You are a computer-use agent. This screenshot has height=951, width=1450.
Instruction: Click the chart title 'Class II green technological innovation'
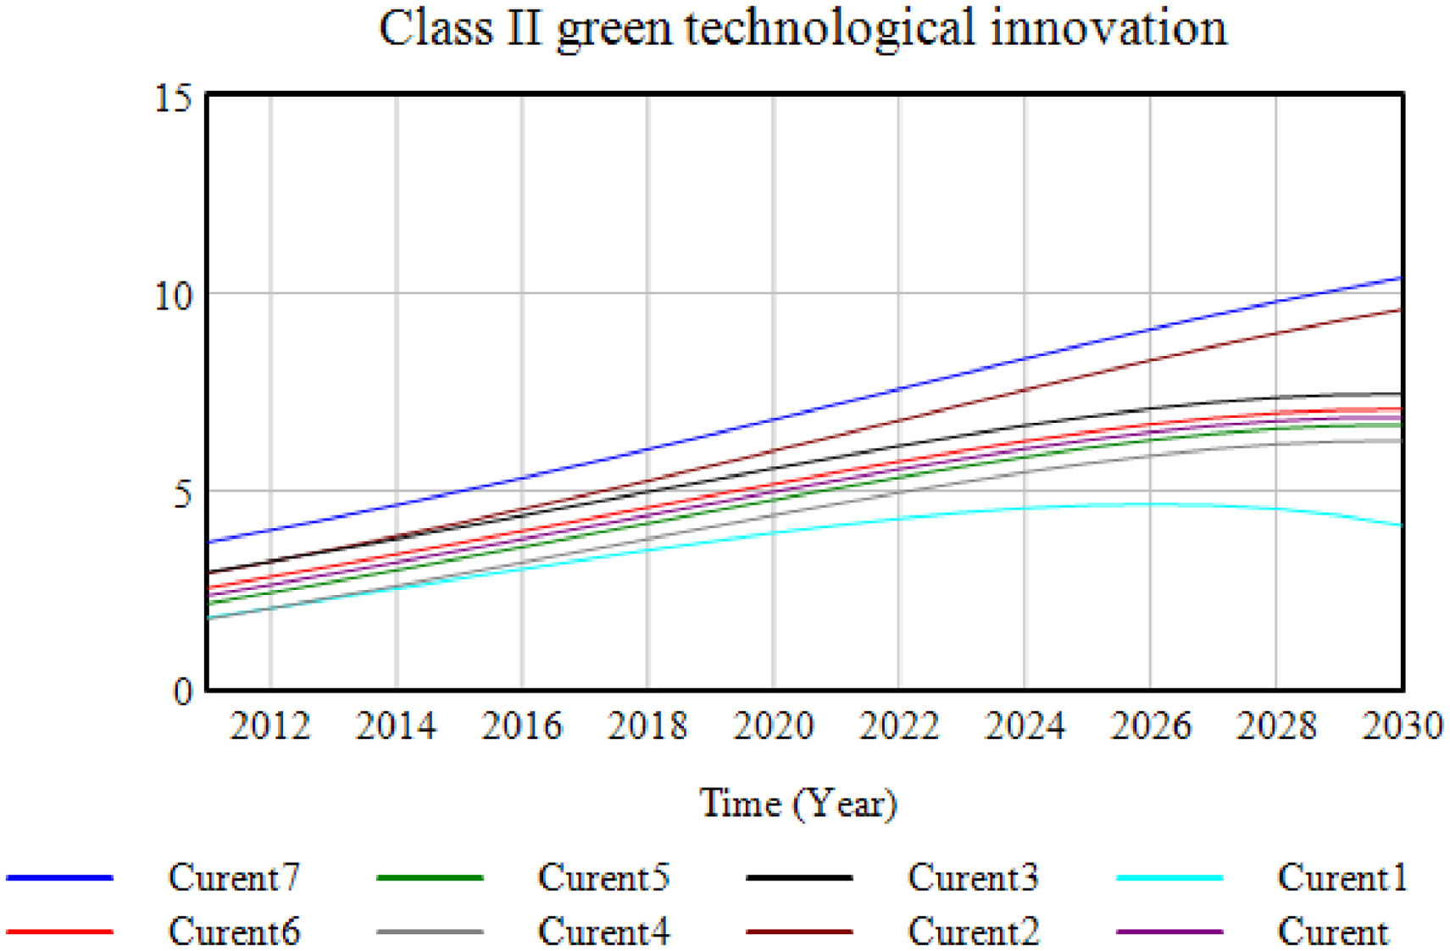(x=802, y=29)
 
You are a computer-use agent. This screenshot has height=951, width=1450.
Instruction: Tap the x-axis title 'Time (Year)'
(x=797, y=803)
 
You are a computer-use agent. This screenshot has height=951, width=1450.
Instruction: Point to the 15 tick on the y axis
(x=173, y=98)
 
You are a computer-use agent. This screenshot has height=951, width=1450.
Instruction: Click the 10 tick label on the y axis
(x=173, y=295)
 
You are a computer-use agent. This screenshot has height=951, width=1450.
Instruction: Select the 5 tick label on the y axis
(x=182, y=492)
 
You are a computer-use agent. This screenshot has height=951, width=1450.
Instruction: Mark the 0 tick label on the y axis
(x=182, y=691)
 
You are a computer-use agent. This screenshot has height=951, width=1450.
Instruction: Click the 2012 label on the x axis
(x=270, y=726)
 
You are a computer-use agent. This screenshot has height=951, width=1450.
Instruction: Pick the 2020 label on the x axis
(x=773, y=726)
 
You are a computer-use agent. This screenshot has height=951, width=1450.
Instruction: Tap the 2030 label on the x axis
(x=1402, y=726)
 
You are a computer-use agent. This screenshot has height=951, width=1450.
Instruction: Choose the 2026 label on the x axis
(x=1150, y=726)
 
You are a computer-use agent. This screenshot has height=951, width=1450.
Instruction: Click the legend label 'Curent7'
(x=234, y=877)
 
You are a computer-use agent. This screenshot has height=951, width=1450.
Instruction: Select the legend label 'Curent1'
(x=1342, y=877)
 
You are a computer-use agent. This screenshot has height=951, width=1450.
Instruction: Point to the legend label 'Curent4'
(x=603, y=932)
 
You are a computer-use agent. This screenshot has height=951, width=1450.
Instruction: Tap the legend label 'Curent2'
(x=973, y=932)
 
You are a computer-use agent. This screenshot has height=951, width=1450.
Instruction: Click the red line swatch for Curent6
(x=59, y=932)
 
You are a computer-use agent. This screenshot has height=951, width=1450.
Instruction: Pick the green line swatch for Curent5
(x=430, y=877)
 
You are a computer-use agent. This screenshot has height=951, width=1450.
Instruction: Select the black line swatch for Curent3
(x=799, y=877)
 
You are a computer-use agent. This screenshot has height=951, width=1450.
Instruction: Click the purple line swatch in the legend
(x=1169, y=932)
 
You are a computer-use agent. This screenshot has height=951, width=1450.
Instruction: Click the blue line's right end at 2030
(x=1401, y=278)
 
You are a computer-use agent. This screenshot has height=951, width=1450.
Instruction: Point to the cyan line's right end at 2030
(x=1401, y=526)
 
